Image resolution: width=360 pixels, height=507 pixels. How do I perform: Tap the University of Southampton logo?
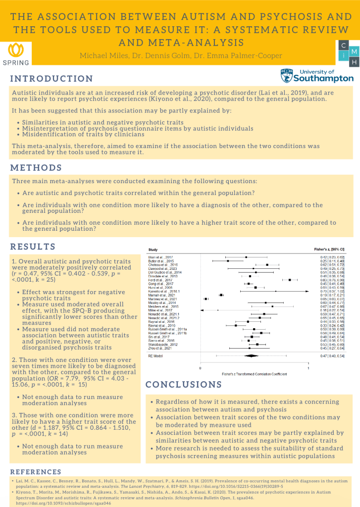coord(317,76)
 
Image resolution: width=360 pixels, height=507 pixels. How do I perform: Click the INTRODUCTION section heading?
coord(51,79)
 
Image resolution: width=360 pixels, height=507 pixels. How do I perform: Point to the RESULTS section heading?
coord(33,247)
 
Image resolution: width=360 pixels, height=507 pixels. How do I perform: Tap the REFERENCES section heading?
coord(36,472)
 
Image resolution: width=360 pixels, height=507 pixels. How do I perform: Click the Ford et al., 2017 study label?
coord(157,280)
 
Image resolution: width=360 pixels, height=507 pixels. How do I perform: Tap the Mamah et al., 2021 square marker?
coord(221,295)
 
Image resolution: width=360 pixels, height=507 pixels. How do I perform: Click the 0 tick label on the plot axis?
coord(200,368)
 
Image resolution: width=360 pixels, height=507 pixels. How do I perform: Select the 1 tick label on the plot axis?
coord(308,368)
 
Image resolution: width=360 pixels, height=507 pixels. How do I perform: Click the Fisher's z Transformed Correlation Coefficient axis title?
coord(254,374)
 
